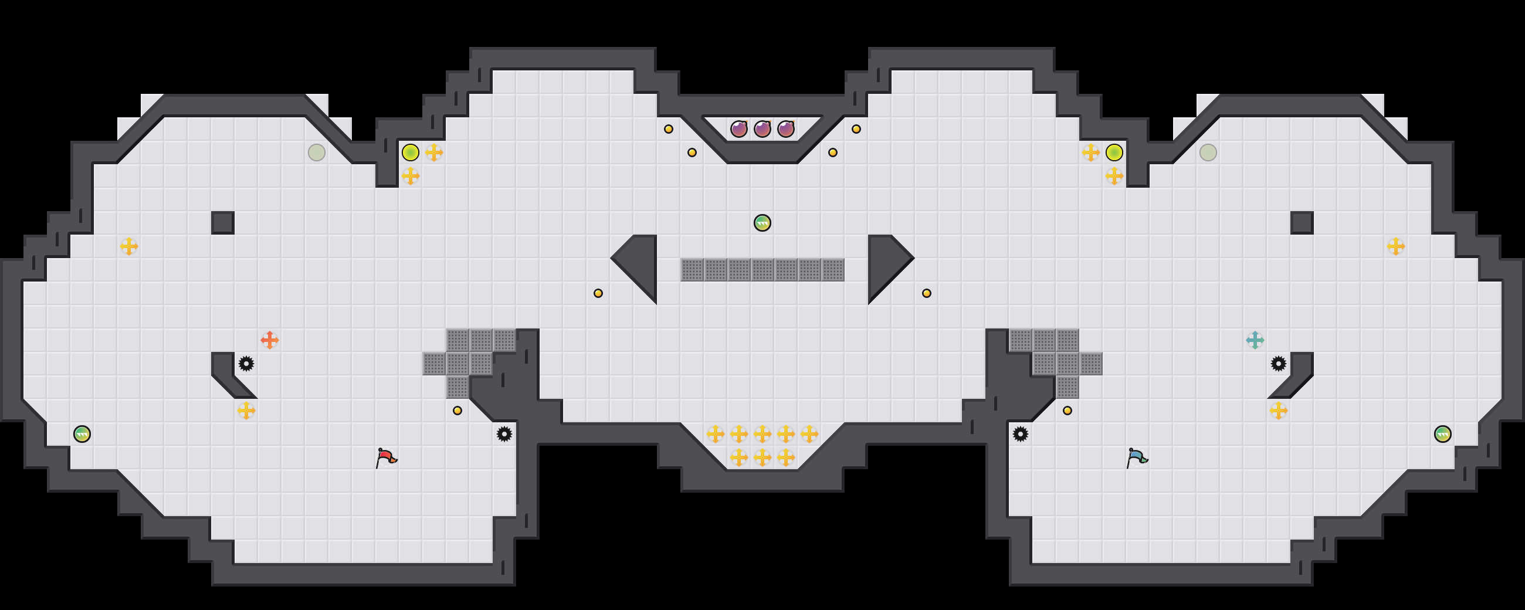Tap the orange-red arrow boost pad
[x=269, y=340]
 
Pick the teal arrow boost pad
[x=1255, y=340]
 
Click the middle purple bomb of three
[x=762, y=128]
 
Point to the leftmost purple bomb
[x=739, y=128]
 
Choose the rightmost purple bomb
[x=785, y=128]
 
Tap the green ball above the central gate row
[x=762, y=223]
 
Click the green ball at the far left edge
[x=82, y=434]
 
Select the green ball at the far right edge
[x=1443, y=434]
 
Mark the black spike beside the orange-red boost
[x=246, y=364]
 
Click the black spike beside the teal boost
[x=1278, y=364]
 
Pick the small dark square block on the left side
[x=223, y=223]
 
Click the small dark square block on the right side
[x=1302, y=223]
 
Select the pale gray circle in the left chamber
[x=317, y=152]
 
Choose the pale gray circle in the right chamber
[x=1208, y=152]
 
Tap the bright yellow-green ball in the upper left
[x=410, y=152]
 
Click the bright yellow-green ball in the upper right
[x=1114, y=152]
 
